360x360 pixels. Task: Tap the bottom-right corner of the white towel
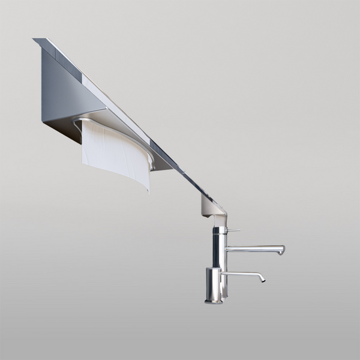148,191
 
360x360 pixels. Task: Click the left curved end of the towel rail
76,122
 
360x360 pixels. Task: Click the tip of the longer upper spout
282,250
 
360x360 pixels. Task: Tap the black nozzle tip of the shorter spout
262,279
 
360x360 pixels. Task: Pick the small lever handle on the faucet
235,230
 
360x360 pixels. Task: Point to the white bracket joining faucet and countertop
211,208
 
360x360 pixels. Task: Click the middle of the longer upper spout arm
252,248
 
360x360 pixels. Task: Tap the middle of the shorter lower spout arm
240,274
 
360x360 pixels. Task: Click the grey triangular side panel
63,90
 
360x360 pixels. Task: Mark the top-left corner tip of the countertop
34,40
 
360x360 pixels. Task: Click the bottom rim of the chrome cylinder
213,301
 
